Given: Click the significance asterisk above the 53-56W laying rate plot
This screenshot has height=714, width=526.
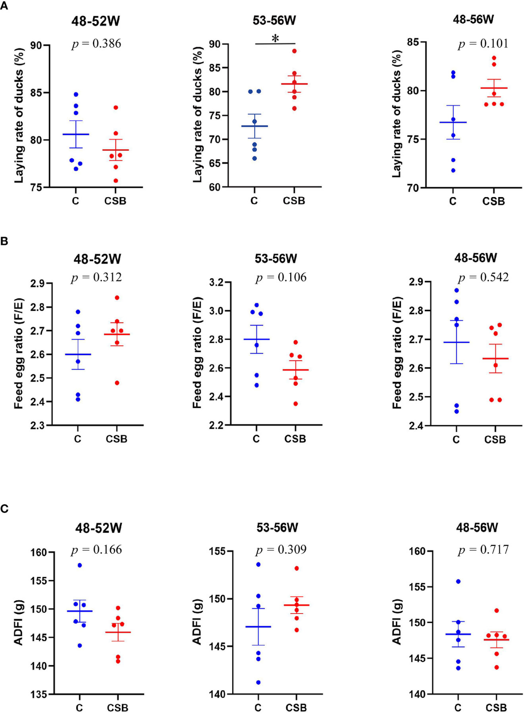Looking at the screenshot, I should (x=275, y=39).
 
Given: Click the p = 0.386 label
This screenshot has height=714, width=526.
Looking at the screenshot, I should (x=96, y=43).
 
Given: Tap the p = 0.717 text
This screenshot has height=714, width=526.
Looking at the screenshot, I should (x=483, y=549).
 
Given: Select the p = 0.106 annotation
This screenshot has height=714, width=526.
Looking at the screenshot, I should (x=281, y=277).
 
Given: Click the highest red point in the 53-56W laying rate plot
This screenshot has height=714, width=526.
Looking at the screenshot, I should (x=295, y=51).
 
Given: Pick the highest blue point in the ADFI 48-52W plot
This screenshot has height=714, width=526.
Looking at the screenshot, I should (x=80, y=565).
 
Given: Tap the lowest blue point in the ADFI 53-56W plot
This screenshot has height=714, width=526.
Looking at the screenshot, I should (x=258, y=682).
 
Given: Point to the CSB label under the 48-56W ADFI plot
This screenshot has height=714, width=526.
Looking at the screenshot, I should (x=496, y=708).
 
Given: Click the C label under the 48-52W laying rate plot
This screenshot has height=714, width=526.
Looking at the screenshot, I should (x=75, y=201).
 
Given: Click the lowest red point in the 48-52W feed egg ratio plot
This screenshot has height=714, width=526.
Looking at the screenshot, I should (x=117, y=383).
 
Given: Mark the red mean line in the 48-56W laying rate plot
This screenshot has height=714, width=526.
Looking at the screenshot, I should (x=494, y=88).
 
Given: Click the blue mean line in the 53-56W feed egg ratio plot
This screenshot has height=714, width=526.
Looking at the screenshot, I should (x=256, y=339).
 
